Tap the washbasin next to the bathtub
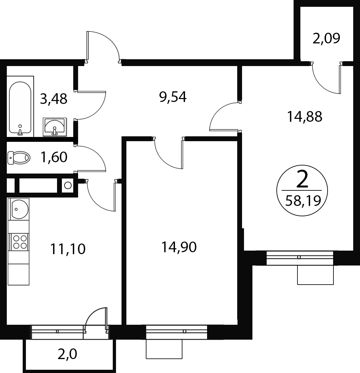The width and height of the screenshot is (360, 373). pos(55,127)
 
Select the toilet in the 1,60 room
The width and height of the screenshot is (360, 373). pos(19,158)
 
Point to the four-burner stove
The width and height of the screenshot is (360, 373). pos(18,242)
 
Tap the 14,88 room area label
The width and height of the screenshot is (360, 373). pos(305,117)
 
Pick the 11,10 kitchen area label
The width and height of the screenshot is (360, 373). pos(68,249)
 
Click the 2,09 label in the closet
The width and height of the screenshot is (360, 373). pos(326,39)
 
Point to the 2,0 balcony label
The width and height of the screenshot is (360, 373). pos(67,354)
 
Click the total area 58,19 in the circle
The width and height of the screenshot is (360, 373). pos(303,201)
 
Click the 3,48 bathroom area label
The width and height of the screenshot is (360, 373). pos(54,99)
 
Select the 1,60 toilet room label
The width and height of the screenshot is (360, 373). pos(54,157)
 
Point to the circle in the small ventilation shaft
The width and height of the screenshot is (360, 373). pos(68,185)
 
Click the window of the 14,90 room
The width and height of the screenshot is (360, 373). pos(176,332)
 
